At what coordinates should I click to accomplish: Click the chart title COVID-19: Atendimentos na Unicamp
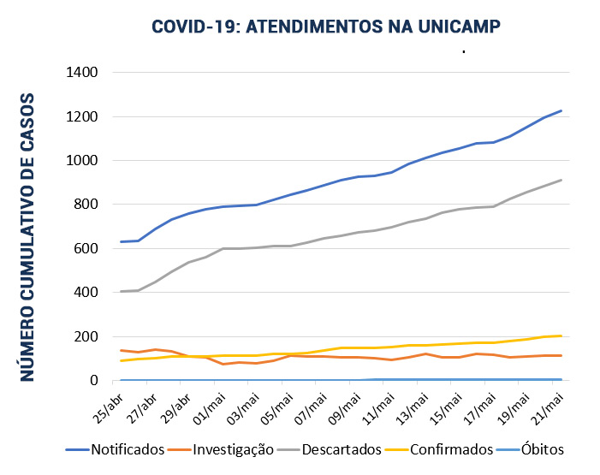325,27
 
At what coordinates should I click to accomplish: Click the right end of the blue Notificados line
561,110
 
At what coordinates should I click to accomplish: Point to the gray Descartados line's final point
561,180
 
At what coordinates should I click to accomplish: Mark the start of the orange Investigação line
121,350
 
